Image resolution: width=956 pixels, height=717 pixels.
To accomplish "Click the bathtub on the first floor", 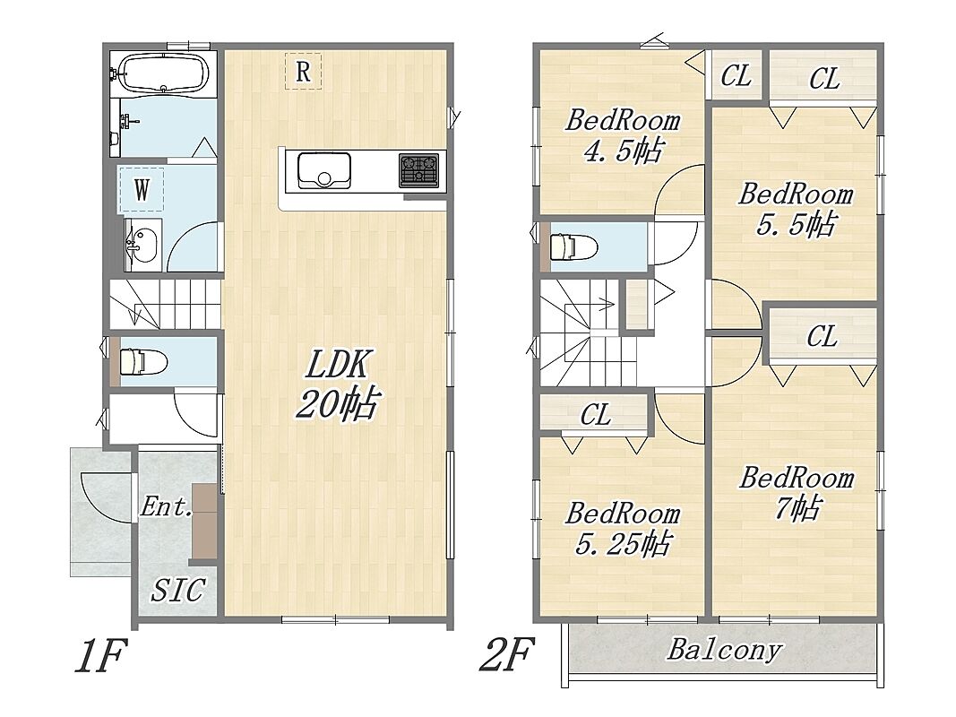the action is tap(165, 73).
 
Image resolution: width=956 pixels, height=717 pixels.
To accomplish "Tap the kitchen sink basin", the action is tap(323, 170).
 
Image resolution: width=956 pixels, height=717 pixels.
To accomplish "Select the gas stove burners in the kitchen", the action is tap(418, 170).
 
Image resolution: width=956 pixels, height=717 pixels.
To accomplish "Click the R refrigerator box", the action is tap(303, 72).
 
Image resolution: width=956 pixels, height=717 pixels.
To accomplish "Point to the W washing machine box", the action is tap(142, 189).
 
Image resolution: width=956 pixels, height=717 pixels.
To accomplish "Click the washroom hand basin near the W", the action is tap(143, 245).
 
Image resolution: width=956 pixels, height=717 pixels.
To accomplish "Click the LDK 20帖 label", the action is tap(339, 384).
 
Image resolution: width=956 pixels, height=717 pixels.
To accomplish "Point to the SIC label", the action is tap(178, 590).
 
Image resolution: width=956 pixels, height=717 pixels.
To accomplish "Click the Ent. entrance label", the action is tap(166, 506).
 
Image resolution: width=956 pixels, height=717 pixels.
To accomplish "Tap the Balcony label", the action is tap(724, 649).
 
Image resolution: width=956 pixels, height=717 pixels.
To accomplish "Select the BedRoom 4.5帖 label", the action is tap(623, 134).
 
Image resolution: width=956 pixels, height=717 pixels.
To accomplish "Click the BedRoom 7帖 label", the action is tap(797, 493).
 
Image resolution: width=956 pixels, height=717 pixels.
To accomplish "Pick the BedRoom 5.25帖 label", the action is tap(623, 528).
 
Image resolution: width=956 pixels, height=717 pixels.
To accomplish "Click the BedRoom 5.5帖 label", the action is tap(796, 209).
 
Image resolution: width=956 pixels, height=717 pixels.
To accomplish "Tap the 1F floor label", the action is tap(100, 655).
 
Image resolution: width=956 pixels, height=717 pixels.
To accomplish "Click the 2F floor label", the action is tap(506, 653).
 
